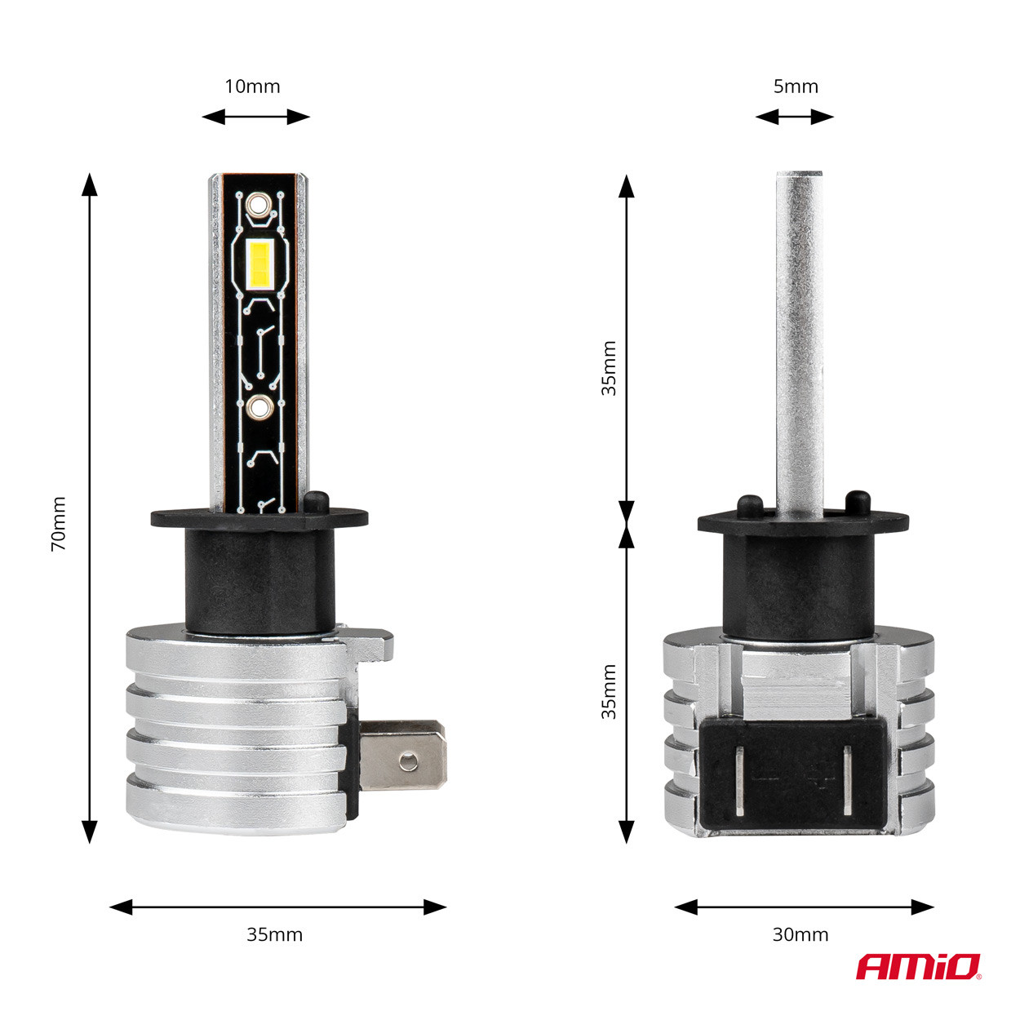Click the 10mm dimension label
coord(252,86)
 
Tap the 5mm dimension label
coord(796,86)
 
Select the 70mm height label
coord(59,524)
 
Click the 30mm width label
coord(800,934)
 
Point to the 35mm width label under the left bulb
coord(274,934)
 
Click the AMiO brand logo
coord(918,968)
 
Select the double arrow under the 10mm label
coord(256,117)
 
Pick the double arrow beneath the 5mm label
coord(795,117)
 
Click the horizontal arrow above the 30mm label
coord(805,907)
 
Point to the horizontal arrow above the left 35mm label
coord(277,907)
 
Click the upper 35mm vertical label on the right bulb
coord(610,369)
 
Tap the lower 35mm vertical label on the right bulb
coord(610,692)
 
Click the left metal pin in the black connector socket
coord(738,780)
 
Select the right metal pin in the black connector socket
coord(847,780)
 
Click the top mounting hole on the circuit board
coord(259,204)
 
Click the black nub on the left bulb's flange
coord(316,499)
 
